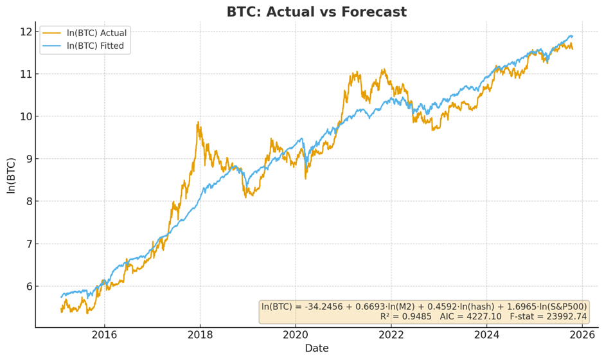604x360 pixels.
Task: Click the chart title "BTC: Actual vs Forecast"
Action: pyautogui.click(x=316, y=12)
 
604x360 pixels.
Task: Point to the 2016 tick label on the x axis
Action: pyautogui.click(x=105, y=335)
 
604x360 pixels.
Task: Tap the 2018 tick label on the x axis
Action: pyautogui.click(x=200, y=335)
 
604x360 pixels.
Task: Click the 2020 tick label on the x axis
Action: pyautogui.click(x=296, y=335)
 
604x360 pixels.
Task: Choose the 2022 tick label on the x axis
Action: pyautogui.click(x=391, y=335)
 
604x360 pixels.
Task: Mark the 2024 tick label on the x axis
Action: pyautogui.click(x=487, y=335)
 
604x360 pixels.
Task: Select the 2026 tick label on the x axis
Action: pyautogui.click(x=582, y=335)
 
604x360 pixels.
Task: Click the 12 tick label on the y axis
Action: pyautogui.click(x=26, y=32)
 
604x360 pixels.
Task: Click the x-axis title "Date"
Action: pyautogui.click(x=316, y=348)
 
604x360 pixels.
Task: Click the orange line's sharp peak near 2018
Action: pyautogui.click(x=198, y=122)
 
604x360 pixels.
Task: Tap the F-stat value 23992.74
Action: pyautogui.click(x=565, y=316)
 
